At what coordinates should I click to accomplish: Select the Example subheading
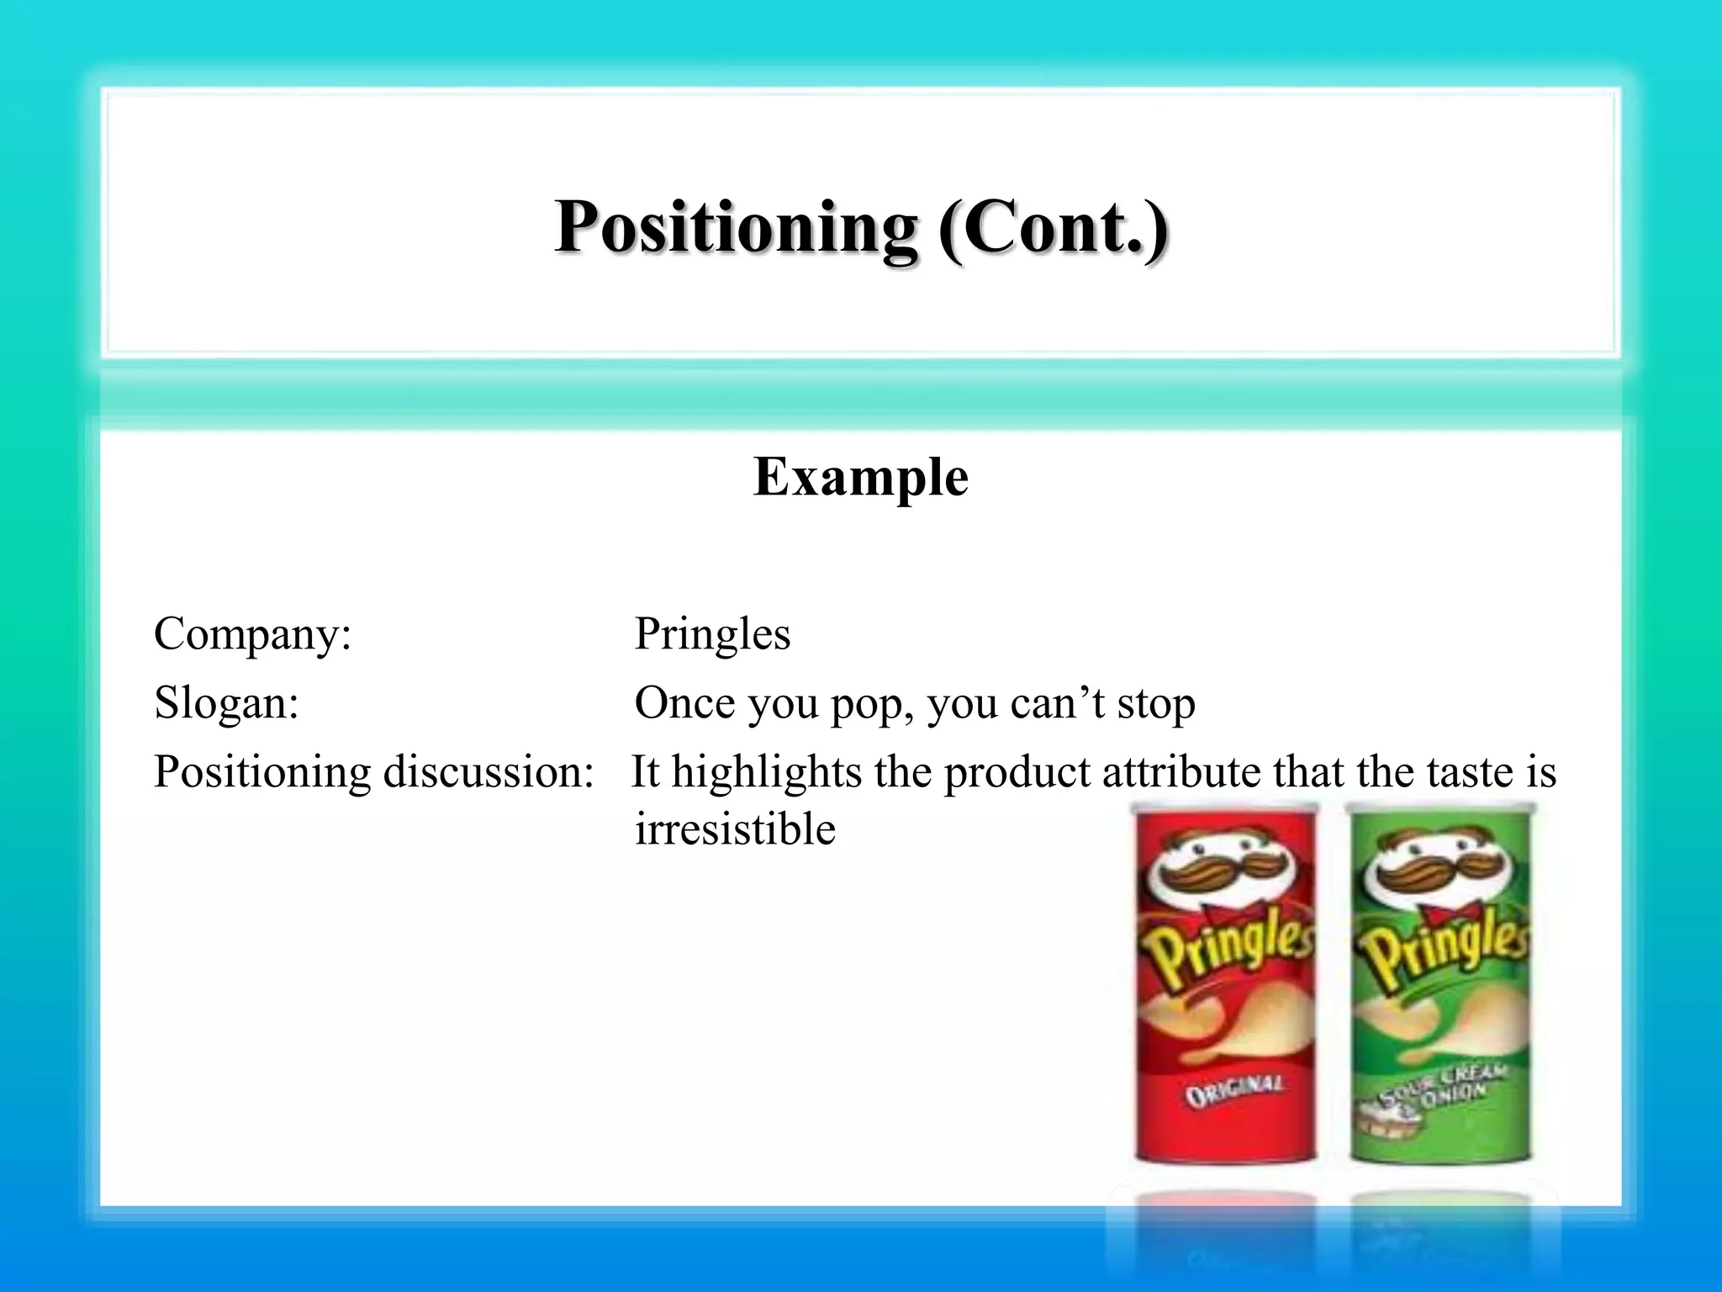[x=861, y=477]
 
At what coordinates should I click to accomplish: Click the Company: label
[x=252, y=633]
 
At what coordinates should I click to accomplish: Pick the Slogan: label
[x=226, y=702]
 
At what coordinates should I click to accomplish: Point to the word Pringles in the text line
[x=712, y=633]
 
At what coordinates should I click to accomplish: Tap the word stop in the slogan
[x=1155, y=703]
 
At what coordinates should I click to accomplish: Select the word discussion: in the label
[x=489, y=771]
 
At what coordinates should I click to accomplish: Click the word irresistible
[x=735, y=829]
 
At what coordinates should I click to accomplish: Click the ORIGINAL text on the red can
[x=1233, y=1091]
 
